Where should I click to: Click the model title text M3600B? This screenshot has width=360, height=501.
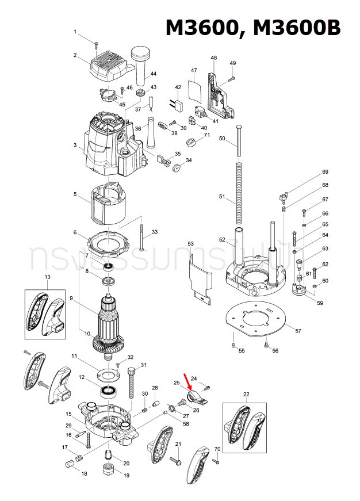(x=294, y=27)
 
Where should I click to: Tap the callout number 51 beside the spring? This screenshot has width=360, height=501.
(x=222, y=197)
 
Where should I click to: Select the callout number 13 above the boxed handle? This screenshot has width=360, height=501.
(x=47, y=277)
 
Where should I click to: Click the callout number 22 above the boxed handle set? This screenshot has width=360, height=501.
(x=246, y=394)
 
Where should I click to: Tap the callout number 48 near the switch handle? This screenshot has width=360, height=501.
(x=214, y=58)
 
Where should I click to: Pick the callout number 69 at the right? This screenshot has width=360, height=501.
(x=325, y=172)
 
